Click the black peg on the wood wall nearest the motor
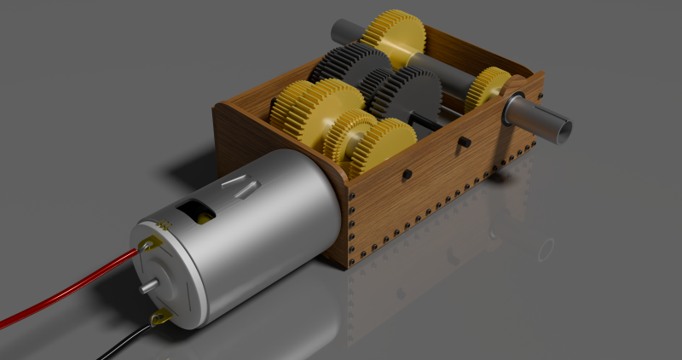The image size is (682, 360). tap(407, 174)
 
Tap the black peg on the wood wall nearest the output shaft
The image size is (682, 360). tap(465, 140)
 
